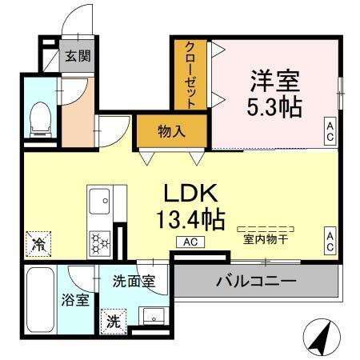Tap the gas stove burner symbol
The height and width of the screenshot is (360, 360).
tap(100, 240)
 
